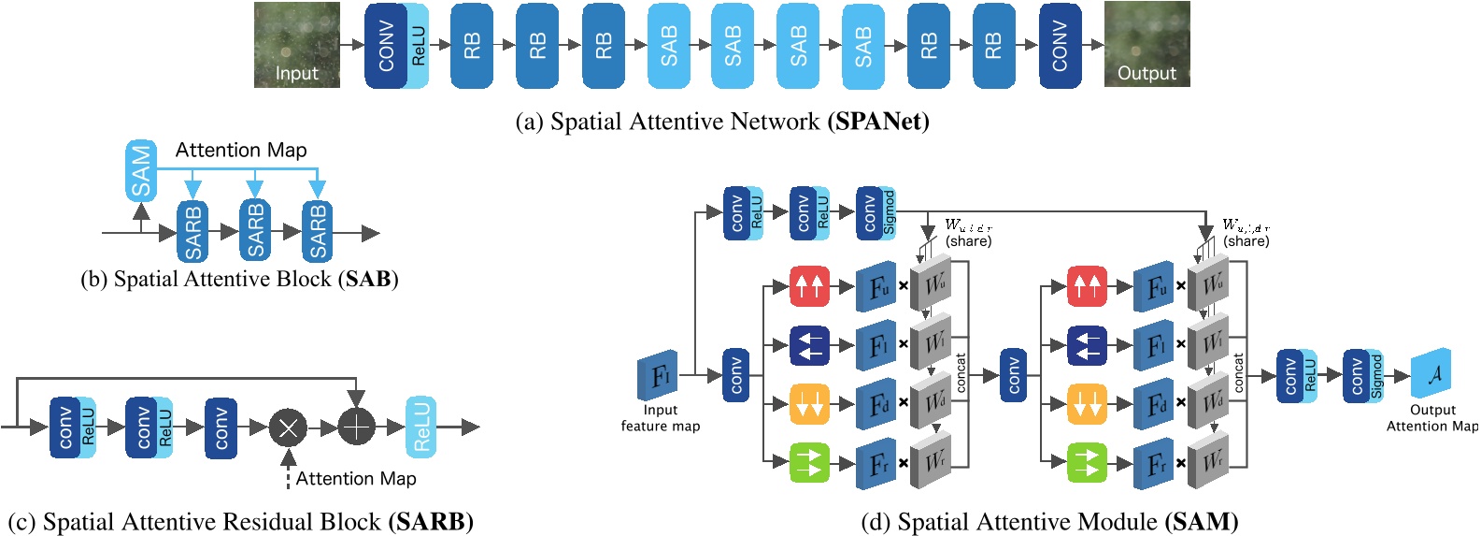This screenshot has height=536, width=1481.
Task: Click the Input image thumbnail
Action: [x=296, y=44]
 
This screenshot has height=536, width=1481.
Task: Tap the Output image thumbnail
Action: [x=1146, y=44]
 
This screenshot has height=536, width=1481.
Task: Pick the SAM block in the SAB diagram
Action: [x=141, y=171]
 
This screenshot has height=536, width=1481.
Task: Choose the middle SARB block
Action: [x=255, y=230]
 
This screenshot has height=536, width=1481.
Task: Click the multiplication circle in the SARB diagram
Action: [x=288, y=427]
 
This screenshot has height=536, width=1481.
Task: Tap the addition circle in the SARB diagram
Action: [x=356, y=427]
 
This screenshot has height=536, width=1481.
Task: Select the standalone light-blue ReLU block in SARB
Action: [x=420, y=427]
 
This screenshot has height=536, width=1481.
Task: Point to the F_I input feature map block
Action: [x=659, y=376]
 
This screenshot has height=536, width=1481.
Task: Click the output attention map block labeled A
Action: [x=1431, y=375]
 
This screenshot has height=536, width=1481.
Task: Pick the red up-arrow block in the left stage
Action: [x=809, y=286]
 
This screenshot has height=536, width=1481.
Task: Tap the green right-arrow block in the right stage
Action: [x=1087, y=462]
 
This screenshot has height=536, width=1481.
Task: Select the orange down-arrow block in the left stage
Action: [x=809, y=404]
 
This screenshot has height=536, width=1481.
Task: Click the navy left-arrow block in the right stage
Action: [x=1087, y=345]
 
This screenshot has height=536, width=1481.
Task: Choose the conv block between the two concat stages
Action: [x=1013, y=376]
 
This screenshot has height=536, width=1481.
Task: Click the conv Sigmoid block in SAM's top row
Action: [x=876, y=212]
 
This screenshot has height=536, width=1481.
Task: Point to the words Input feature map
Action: [x=660, y=418]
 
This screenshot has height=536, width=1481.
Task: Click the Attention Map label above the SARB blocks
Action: [x=241, y=150]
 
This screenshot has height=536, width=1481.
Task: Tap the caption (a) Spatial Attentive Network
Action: [x=721, y=122]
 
